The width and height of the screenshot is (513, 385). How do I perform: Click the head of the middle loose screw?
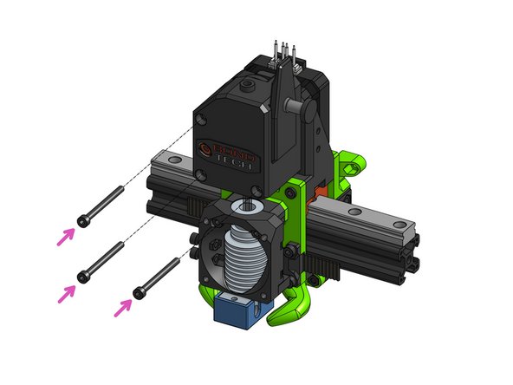point(82,277)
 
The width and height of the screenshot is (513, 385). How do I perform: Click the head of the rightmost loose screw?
point(137,291)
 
